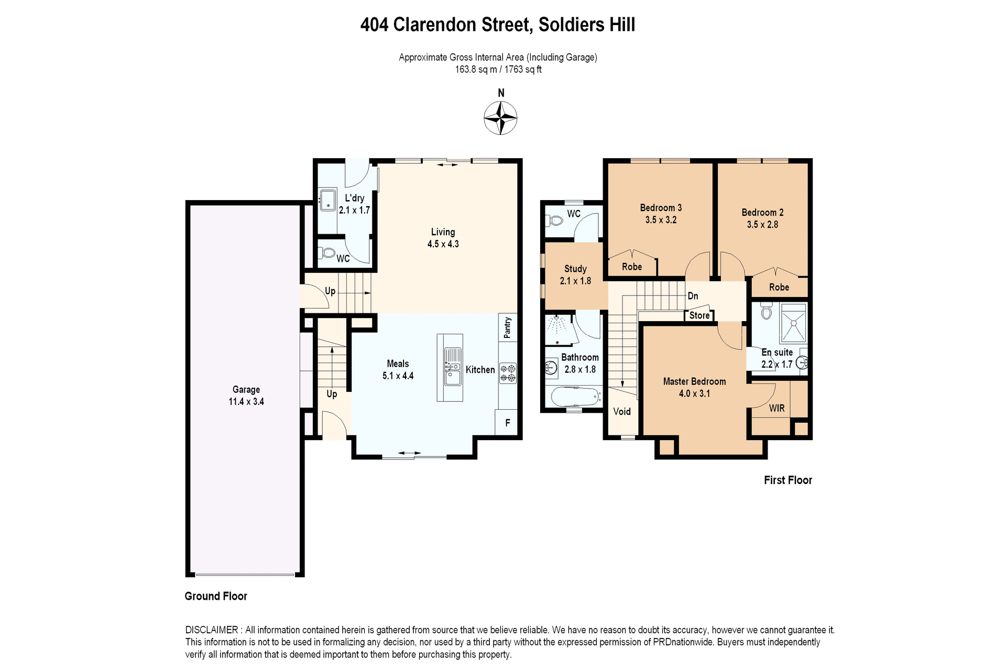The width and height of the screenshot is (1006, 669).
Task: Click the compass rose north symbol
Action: [x=500, y=118]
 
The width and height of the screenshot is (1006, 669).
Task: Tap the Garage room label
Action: [x=246, y=389]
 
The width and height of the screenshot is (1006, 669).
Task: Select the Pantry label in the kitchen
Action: [x=507, y=327]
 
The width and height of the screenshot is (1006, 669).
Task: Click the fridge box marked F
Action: [x=507, y=422]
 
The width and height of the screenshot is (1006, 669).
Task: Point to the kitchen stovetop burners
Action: [x=508, y=372]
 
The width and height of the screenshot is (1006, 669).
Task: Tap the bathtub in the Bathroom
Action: [x=575, y=396]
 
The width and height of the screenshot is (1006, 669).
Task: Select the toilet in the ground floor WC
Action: [x=328, y=253]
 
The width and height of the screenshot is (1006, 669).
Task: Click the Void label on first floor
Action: [x=622, y=411]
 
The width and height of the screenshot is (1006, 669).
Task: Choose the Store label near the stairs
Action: [x=699, y=315]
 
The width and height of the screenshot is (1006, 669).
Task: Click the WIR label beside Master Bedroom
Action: [x=777, y=408]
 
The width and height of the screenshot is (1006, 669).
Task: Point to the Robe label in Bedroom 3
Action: [x=632, y=267]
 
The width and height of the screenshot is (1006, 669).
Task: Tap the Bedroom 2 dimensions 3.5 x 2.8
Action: [x=762, y=224]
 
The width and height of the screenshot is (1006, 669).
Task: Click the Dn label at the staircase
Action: [x=693, y=296]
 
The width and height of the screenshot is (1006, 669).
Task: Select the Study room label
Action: [x=575, y=269]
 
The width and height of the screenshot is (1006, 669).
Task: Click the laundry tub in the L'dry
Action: [x=328, y=200]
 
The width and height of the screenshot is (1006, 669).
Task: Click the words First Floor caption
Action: [x=788, y=480]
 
